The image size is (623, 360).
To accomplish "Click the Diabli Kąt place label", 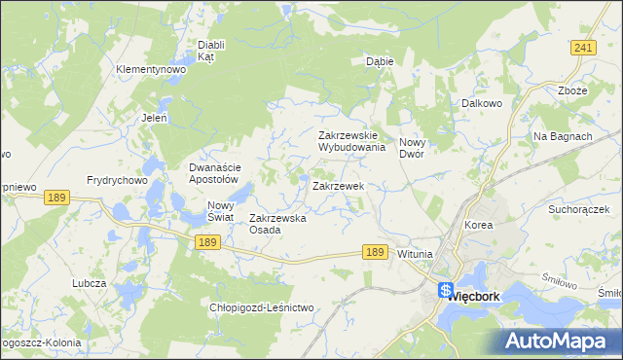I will pos(211,51).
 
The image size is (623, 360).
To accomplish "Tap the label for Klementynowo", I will pos(150,70).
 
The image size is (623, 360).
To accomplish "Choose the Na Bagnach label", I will pos(563,136).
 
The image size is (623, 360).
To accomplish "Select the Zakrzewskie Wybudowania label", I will pos(352,142).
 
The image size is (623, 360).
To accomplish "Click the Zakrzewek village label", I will pos(338,185).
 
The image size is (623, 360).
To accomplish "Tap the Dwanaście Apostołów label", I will pos(213,173).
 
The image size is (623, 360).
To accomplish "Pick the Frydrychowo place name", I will pos(116,180).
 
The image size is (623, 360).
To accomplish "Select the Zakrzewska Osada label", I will pos(278,224).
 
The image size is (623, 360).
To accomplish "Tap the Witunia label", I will pos(415,254).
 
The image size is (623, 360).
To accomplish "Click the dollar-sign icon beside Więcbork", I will pos(445,290).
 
